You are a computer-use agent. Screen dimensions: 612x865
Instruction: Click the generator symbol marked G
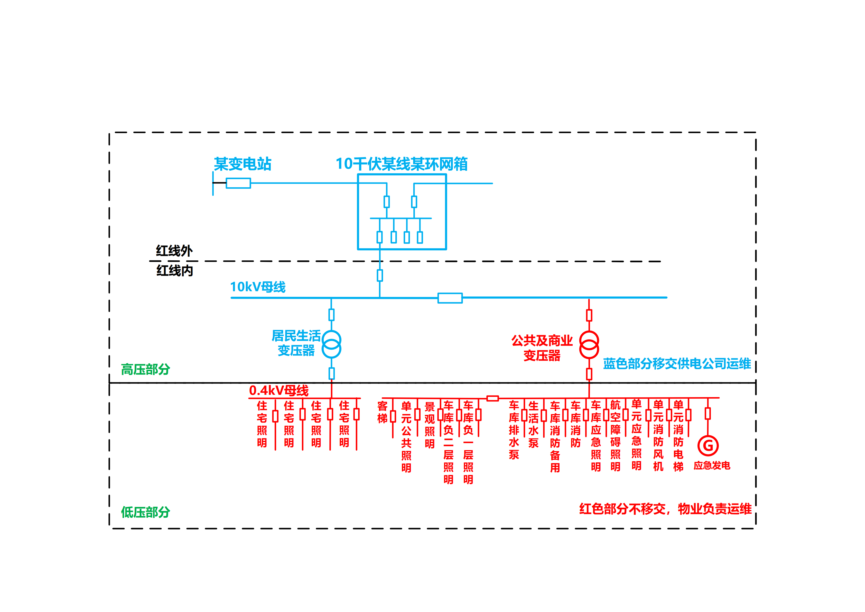pyautogui.click(x=708, y=445)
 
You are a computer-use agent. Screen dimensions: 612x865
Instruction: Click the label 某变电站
pyautogui.click(x=243, y=164)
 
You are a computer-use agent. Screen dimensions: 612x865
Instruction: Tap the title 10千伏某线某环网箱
pyautogui.click(x=402, y=164)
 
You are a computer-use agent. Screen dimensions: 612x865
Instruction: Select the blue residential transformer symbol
pyautogui.click(x=331, y=344)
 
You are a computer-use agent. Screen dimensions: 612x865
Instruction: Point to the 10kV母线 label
pyautogui.click(x=258, y=287)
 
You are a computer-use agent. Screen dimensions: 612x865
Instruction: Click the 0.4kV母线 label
pyautogui.click(x=279, y=390)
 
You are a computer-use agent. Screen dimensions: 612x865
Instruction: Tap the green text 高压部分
pyautogui.click(x=145, y=369)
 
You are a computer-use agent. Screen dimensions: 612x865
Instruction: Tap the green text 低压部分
pyautogui.click(x=145, y=512)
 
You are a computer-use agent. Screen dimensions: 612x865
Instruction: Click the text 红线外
pyautogui.click(x=174, y=251)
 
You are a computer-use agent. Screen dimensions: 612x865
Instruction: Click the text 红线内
pyautogui.click(x=175, y=271)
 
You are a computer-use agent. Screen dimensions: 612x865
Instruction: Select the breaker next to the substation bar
pyautogui.click(x=238, y=183)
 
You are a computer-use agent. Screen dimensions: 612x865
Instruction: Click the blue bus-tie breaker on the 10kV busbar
pyautogui.click(x=450, y=298)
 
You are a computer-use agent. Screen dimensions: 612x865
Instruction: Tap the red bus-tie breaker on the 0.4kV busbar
pyautogui.click(x=493, y=398)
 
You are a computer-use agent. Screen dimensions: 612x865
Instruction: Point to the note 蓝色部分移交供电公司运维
pyautogui.click(x=677, y=364)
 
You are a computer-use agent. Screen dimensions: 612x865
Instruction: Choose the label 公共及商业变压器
pyautogui.click(x=542, y=348)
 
